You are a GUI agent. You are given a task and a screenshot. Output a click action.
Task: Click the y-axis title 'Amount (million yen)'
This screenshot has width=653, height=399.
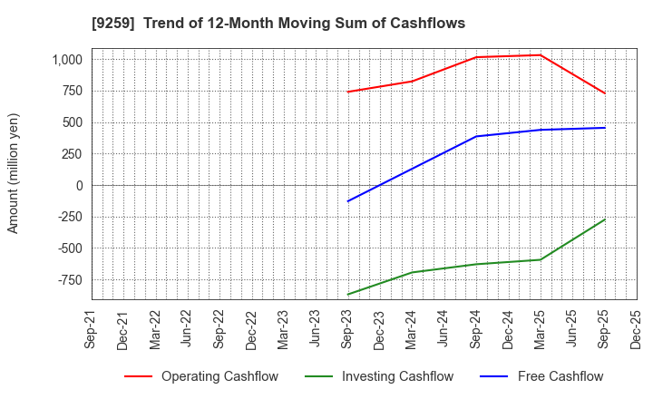pos(13,173)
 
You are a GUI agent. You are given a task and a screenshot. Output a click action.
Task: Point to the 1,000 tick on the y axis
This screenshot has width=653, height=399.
pos(65,60)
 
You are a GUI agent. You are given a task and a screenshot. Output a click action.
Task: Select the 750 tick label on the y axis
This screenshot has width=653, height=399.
pos(71,91)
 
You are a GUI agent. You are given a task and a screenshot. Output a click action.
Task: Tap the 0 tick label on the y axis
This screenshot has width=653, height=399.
pos(78,185)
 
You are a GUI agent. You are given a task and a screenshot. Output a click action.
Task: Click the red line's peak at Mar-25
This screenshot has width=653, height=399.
pos(541,55)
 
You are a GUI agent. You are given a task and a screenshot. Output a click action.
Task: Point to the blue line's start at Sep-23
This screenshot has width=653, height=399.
pos(348,201)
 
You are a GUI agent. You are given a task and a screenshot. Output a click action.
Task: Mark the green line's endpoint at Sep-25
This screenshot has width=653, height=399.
pos(605,219)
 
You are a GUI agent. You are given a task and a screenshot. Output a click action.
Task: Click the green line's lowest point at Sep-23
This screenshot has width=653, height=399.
pos(348,295)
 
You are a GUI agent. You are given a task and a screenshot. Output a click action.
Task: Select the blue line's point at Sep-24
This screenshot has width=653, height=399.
pos(476,136)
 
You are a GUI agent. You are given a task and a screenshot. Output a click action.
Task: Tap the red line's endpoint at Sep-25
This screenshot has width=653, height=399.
pos(605,93)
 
